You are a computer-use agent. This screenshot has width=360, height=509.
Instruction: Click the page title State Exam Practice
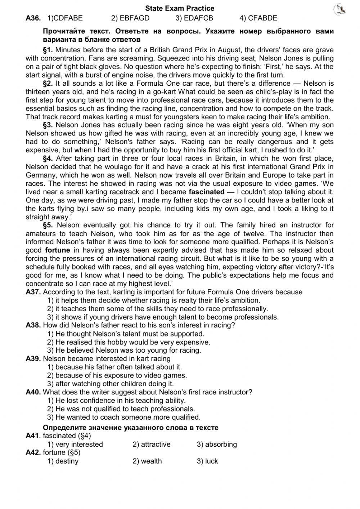(x=180, y=8)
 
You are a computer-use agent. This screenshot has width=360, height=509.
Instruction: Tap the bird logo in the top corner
(x=339, y=10)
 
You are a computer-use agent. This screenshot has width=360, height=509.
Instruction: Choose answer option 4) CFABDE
(x=258, y=18)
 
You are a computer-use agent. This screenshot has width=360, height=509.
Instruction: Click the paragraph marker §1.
(x=48, y=50)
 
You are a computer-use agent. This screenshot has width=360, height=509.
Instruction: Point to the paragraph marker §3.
(x=48, y=125)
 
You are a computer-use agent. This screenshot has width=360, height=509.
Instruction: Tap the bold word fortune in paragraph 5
(x=57, y=250)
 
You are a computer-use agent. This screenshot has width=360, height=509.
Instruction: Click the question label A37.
(x=33, y=292)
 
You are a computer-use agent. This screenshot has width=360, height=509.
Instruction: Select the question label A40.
(x=33, y=392)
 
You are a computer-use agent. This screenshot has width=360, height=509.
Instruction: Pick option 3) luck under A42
(x=207, y=461)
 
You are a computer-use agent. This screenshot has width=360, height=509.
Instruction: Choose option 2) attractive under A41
(x=151, y=445)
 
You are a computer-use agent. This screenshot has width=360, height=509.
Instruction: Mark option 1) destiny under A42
(x=63, y=461)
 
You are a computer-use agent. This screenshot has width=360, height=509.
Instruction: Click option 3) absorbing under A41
(x=216, y=445)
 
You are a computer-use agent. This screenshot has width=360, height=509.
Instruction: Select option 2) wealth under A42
(x=147, y=461)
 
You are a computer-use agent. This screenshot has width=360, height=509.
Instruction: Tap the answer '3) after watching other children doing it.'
(x=111, y=384)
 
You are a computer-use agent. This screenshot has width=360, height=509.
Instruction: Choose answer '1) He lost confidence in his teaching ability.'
(x=116, y=400)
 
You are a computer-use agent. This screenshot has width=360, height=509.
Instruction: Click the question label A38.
(x=33, y=325)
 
